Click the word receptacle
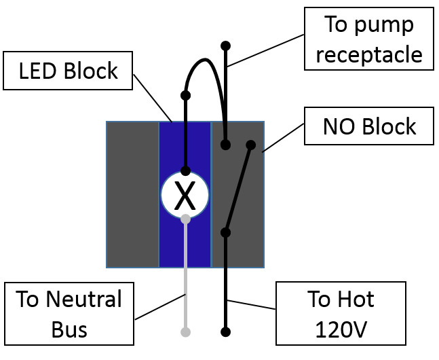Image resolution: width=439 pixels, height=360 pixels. pos(368,54)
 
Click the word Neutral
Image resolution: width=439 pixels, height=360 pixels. pos(85,300)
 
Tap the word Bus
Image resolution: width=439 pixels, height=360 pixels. pos(69,329)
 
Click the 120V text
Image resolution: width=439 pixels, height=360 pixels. pos(341,329)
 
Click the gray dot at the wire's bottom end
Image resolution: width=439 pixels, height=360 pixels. pos(185,332)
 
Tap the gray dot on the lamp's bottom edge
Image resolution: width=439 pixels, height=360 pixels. pos(185,219)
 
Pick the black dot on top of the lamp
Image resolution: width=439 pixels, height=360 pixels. pos(185,171)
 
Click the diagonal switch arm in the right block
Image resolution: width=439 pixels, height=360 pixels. pos(239,188)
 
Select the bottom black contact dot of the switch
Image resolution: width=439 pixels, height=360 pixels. pos(226,233)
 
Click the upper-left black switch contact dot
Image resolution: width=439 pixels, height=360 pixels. pos(226,145)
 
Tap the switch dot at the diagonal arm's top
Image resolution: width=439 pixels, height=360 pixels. pos(250,145)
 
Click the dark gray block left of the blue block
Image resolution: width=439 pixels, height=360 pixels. pos(132,194)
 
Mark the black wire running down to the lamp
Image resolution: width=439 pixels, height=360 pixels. pos(185,146)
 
